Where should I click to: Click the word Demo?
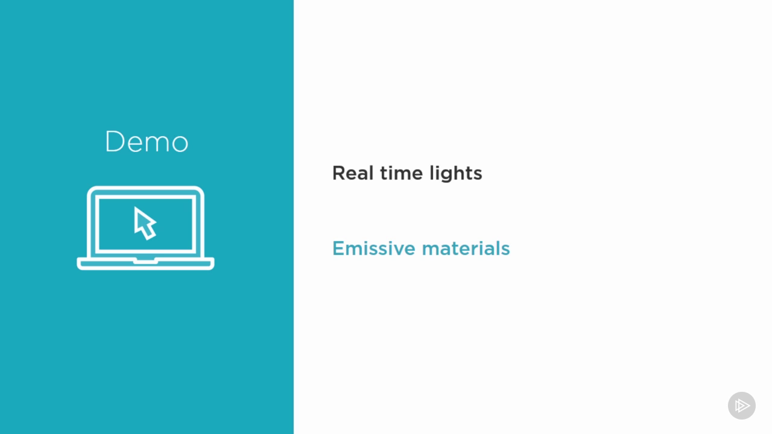pos(147,141)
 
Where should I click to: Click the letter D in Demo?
pos(115,141)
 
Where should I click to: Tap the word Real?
pos(353,172)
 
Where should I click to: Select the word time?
pos(402,173)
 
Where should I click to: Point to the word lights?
pos(456,174)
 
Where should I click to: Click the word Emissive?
pos(374,248)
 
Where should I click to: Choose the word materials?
pos(466,248)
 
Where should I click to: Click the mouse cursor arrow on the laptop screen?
pos(145,223)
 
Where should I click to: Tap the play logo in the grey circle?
pos(742,406)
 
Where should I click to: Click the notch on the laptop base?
pos(145,262)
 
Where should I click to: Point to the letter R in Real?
pos(339,173)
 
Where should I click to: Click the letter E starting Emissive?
pos(338,248)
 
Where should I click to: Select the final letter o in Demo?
pos(180,143)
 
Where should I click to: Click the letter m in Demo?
pos(157,143)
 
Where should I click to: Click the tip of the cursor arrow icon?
pos(134,207)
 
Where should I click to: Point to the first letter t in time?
pos(384,174)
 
